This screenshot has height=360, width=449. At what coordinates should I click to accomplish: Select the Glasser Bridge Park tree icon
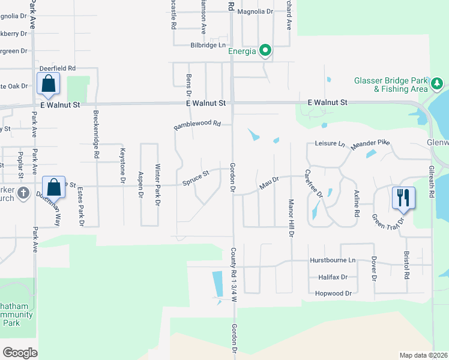point(438,82)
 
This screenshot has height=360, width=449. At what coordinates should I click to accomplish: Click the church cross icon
point(23,193)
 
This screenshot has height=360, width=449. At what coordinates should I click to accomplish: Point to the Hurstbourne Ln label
point(333,260)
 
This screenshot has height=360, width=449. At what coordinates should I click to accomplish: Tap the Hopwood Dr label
point(333,293)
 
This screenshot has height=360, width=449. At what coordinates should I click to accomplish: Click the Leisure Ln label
point(330,144)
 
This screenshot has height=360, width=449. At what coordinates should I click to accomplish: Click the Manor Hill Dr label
point(291,218)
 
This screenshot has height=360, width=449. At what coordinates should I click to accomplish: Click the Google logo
point(20,352)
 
